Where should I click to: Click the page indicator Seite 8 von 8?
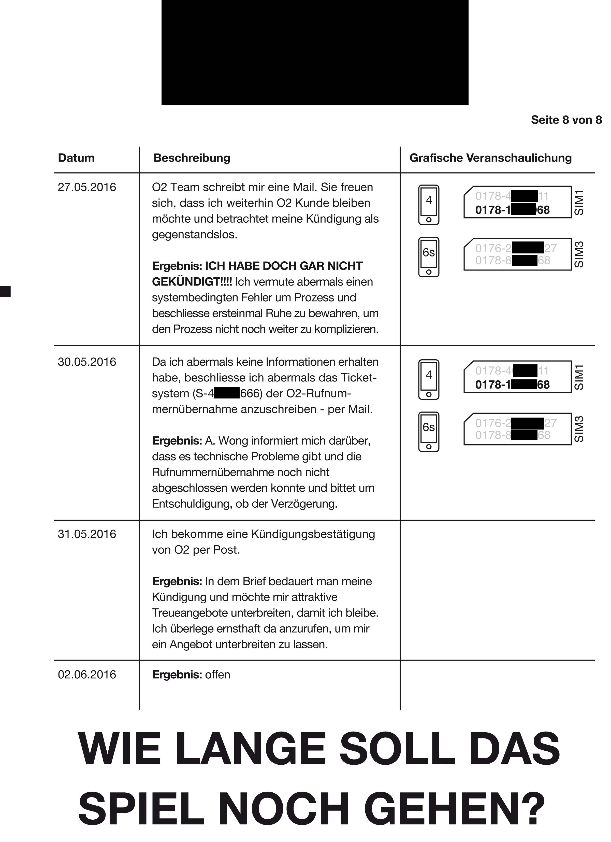click(566, 120)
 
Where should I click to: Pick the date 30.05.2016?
click(87, 362)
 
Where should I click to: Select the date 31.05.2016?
click(87, 534)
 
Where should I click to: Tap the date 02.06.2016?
click(87, 675)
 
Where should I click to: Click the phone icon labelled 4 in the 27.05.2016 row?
click(429, 205)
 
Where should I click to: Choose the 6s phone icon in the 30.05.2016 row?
click(429, 432)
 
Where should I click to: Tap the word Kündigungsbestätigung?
click(313, 534)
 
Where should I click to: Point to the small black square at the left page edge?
click(5, 291)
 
